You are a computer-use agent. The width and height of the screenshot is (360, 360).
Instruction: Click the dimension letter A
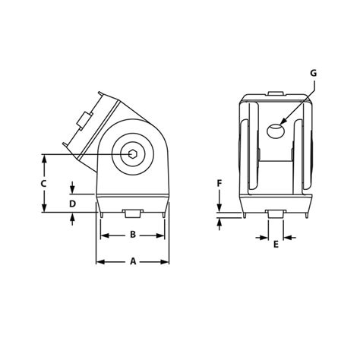point(132,261)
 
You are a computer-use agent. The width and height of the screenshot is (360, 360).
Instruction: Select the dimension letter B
point(132,235)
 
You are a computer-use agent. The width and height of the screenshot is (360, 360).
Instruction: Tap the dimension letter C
point(44,184)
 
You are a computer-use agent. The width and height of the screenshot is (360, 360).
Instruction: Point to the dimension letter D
point(72,204)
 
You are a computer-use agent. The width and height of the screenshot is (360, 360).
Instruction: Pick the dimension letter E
point(275,245)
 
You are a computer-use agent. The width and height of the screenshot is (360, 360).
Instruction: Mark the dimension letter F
point(219,184)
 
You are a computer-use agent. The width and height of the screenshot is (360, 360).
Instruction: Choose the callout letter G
point(314,73)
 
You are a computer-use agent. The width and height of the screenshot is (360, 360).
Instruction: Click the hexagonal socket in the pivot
point(133,155)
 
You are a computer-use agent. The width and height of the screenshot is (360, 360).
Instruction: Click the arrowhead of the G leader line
point(280,124)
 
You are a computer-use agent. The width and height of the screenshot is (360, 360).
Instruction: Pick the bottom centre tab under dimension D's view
point(132,213)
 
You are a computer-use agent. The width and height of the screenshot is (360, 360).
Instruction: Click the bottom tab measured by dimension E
point(275,213)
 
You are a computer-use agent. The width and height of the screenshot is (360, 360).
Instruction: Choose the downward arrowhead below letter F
point(219,210)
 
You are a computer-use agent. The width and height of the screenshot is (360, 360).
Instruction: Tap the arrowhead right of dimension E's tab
point(288,236)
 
